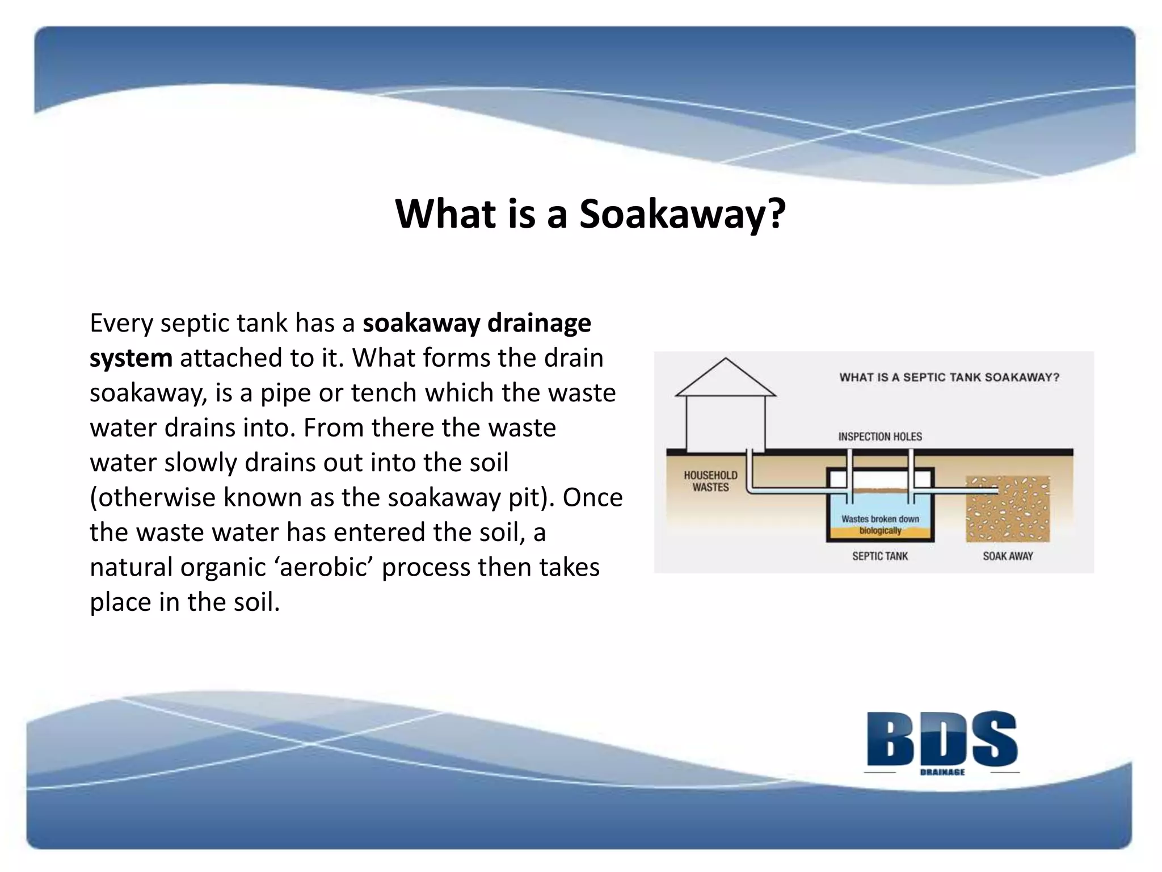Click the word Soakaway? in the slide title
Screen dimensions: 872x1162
pos(682,214)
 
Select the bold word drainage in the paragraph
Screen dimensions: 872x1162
pos(539,323)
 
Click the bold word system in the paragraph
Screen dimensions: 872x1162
pos(131,358)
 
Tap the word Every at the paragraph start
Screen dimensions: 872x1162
pos(121,324)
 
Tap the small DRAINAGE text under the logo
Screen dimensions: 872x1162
pos(942,772)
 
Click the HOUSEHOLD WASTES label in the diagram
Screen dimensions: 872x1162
pos(710,481)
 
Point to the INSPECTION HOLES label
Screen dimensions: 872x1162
pos(880,437)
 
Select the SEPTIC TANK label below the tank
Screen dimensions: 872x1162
pos(879,556)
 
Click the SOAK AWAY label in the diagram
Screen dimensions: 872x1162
pos(1008,556)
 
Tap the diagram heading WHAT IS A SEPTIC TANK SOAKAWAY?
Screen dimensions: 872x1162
pos(949,378)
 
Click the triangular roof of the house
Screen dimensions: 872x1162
pos(726,380)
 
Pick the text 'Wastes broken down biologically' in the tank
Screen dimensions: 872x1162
pos(880,524)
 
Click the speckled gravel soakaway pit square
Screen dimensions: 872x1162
pos(1008,509)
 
